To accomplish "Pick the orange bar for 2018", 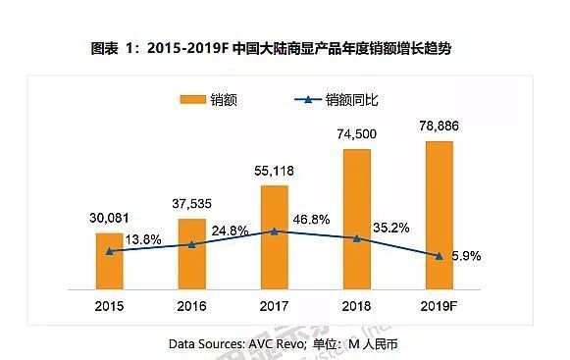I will pos(357,216).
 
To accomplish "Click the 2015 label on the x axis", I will pos(110,304).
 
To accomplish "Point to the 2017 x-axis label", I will pos(275,304).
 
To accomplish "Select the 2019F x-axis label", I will pos(440,304).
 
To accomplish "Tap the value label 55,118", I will pos(274,172).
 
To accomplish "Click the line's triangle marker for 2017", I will pos(275,231).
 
